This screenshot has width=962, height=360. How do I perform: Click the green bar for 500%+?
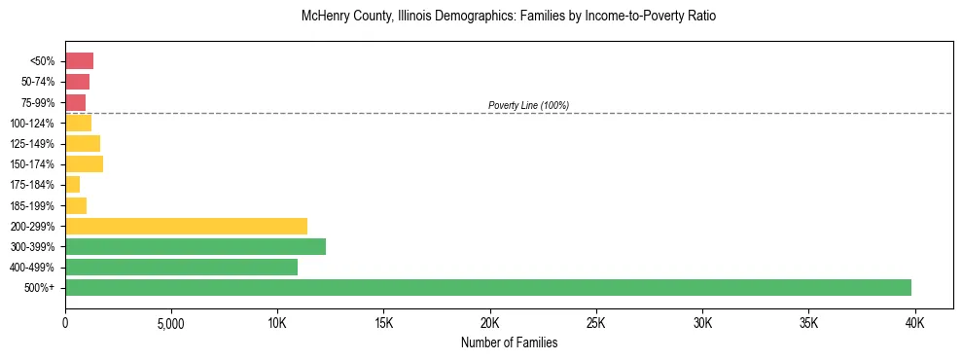488,287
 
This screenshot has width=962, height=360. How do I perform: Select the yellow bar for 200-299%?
186,226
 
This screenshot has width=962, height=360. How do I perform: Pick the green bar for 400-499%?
181,267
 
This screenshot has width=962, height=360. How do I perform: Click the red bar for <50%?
79,61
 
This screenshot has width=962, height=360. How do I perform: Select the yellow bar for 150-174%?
84,163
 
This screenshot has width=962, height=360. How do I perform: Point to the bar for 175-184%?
73,184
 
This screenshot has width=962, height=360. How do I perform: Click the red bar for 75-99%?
75,102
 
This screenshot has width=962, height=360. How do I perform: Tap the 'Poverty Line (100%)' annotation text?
528,105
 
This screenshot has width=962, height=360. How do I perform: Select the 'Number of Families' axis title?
509,342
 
